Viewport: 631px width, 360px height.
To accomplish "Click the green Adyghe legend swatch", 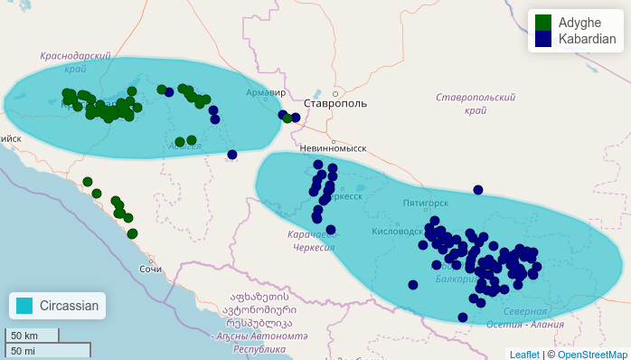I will tap(543, 22).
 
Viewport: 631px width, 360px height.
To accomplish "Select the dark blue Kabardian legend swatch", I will tap(543, 39).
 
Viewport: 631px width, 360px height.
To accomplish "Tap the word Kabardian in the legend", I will tap(587, 39).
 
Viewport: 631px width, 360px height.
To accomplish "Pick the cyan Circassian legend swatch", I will tap(24, 306).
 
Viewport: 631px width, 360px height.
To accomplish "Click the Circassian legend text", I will tap(70, 306).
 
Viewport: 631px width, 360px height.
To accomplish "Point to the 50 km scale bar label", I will tap(24, 336).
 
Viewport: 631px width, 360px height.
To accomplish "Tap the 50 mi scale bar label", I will tap(24, 350).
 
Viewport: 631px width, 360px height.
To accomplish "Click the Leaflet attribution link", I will tap(523, 355).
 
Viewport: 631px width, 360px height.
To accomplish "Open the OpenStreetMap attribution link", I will tap(592, 355).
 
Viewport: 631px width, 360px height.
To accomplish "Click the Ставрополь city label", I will tap(335, 104).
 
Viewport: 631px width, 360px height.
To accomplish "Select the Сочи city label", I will tap(151, 270).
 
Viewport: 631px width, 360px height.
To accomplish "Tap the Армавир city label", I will tap(267, 92).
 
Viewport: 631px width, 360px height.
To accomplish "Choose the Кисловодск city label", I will tap(397, 232).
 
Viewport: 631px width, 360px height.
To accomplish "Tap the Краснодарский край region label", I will tap(76, 62).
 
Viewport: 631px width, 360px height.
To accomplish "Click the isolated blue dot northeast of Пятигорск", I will tap(478, 190).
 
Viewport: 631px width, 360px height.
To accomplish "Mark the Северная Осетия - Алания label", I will tap(538, 318).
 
